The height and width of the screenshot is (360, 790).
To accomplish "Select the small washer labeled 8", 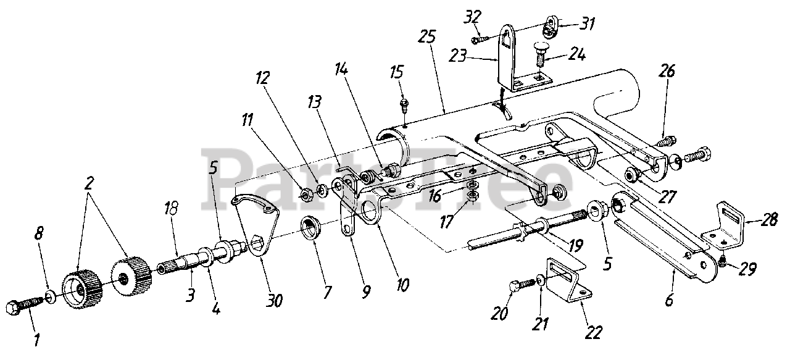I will coord(51,296).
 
